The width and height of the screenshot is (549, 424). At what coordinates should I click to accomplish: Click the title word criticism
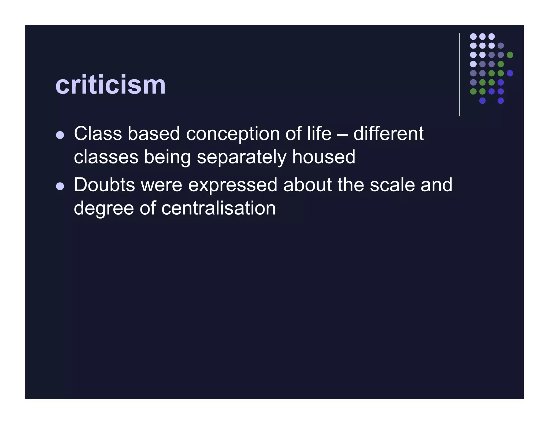[x=110, y=85]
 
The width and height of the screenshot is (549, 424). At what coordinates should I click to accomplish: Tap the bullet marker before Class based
[x=60, y=135]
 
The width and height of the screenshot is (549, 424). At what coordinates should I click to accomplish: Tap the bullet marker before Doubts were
[x=60, y=186]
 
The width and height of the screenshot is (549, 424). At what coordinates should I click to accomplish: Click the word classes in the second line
[x=106, y=158]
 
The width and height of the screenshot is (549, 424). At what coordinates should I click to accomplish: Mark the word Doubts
[x=104, y=185]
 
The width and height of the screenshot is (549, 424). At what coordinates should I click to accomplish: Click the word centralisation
[x=218, y=208]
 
